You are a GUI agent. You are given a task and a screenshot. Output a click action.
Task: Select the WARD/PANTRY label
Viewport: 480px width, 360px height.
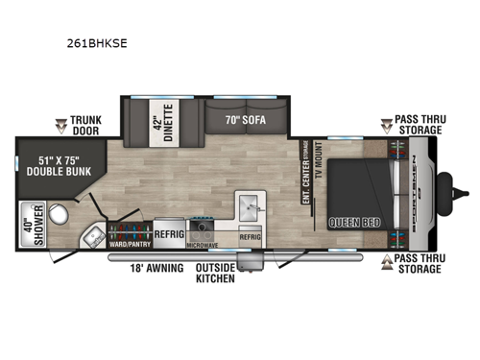point(128,244)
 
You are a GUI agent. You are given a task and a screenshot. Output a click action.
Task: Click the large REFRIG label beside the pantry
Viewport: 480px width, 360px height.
point(169,232)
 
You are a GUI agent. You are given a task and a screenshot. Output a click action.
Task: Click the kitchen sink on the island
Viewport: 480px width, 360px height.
point(251,205)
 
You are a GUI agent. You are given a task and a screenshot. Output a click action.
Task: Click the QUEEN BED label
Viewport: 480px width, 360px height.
point(352,222)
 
